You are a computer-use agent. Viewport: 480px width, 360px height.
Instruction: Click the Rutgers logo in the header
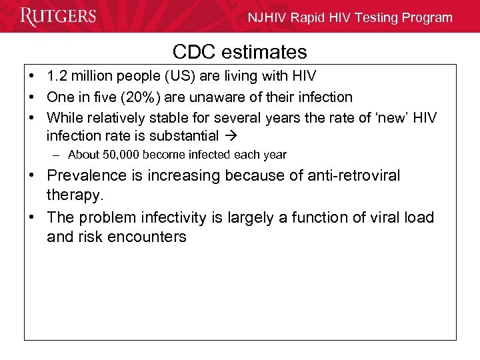pyautogui.click(x=58, y=17)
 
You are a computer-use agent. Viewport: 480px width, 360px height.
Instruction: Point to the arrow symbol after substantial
pyautogui.click(x=230, y=136)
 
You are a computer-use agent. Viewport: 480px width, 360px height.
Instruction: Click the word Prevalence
pyautogui.click(x=85, y=175)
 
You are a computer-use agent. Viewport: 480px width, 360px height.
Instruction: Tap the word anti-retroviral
pyautogui.click(x=346, y=175)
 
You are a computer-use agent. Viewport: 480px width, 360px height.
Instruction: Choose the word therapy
pyautogui.click(x=75, y=196)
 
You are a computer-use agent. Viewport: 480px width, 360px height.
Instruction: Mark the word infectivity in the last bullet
pyautogui.click(x=169, y=217)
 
